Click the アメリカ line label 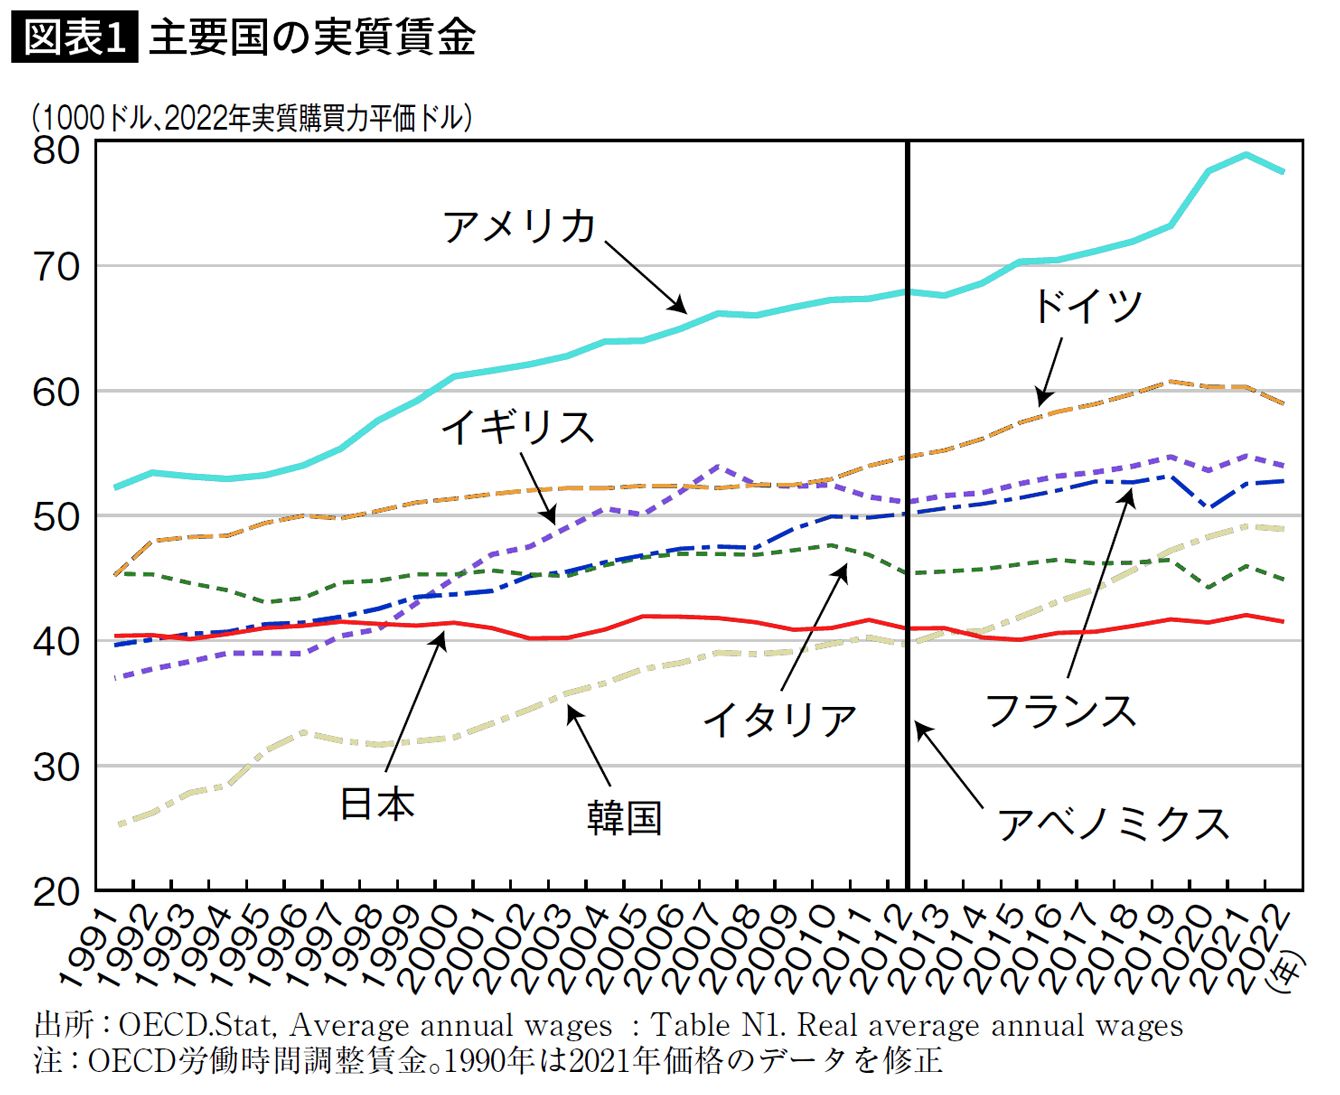(x=519, y=226)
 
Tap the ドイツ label (x=1086, y=304)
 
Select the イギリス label (x=517, y=427)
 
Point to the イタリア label (x=779, y=719)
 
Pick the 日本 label (x=377, y=803)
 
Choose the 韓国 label (x=624, y=817)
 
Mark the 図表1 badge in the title (x=75, y=38)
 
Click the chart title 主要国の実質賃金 (x=312, y=38)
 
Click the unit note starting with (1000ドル (x=251, y=117)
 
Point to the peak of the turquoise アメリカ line (x=1245, y=154)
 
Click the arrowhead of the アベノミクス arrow (x=919, y=727)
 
